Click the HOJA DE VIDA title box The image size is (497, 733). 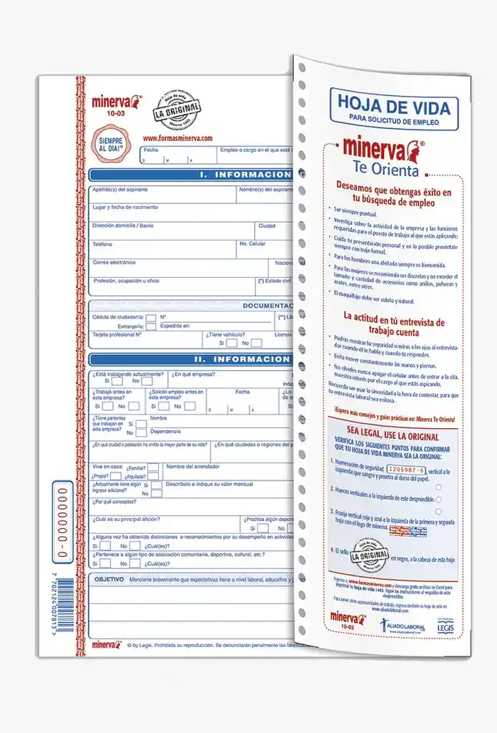[393, 109]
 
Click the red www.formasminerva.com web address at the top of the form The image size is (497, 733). [177, 138]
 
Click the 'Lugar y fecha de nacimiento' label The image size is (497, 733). [125, 208]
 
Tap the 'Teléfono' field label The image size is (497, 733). [103, 244]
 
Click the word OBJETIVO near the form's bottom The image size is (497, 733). [109, 578]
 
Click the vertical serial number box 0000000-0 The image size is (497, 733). [62, 523]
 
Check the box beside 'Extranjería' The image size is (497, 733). [152, 326]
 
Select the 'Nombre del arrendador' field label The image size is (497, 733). [193, 467]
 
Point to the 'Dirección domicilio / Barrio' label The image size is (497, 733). [123, 225]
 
